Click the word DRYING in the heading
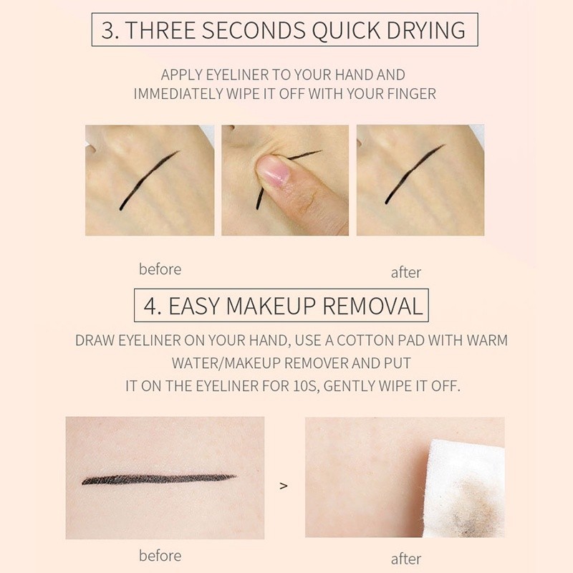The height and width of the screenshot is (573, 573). tap(426, 30)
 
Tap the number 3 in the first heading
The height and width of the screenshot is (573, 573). tap(108, 30)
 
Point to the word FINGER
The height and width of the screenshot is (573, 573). tap(411, 94)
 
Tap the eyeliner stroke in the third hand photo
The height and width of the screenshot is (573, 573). tap(415, 173)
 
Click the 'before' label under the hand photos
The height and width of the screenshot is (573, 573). tap(160, 269)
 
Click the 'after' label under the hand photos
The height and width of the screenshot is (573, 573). tap(405, 273)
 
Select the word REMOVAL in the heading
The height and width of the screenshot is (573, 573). tap(372, 306)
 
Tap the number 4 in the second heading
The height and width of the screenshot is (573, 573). tap(150, 306)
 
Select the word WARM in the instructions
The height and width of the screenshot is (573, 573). tap(487, 341)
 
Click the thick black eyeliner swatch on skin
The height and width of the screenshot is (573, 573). tap(159, 479)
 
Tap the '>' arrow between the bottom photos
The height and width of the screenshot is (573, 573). tap(283, 486)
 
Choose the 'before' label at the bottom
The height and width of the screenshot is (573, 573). tap(160, 556)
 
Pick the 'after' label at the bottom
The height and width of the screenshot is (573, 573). tap(405, 559)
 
